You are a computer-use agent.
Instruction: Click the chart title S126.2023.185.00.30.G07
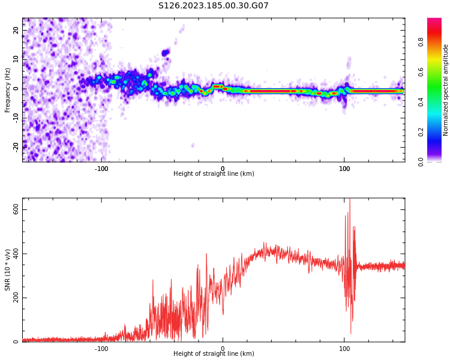coord(213,6)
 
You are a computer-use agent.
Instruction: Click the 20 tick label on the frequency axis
coord(16,30)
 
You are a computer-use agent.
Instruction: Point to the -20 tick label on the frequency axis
coord(15,146)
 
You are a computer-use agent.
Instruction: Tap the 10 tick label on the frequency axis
coord(16,59)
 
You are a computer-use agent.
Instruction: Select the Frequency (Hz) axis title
coord(8,90)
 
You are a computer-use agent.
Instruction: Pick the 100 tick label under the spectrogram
coord(344,169)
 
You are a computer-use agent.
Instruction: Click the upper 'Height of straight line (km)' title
coord(214,174)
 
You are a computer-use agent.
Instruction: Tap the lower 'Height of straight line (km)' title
coord(214,354)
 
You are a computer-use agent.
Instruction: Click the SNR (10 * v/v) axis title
coord(8,270)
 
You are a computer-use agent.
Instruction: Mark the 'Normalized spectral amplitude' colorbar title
coord(446,90)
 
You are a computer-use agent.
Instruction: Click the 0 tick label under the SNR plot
coord(223,349)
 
